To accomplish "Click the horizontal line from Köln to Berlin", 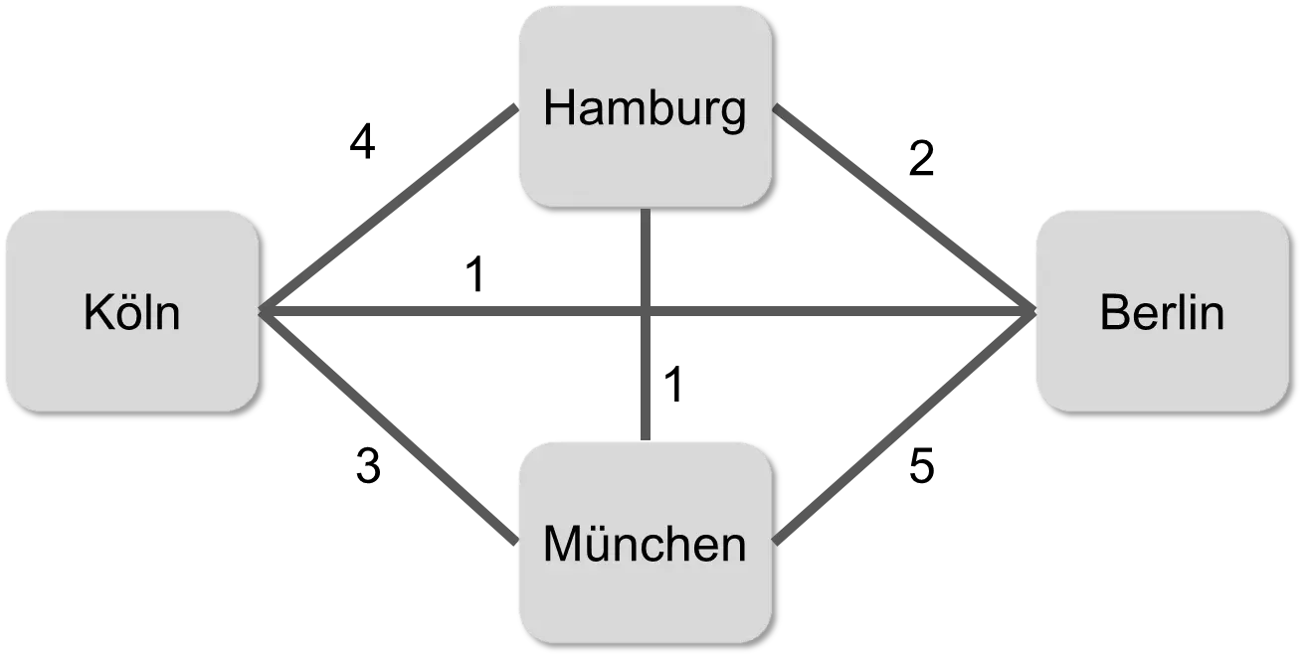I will [448, 311].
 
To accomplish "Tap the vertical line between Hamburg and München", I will [645, 378].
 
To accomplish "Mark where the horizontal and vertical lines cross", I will [645, 311].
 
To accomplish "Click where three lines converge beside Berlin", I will [1026, 311].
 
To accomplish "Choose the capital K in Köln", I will [97, 313].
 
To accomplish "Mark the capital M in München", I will [564, 544].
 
